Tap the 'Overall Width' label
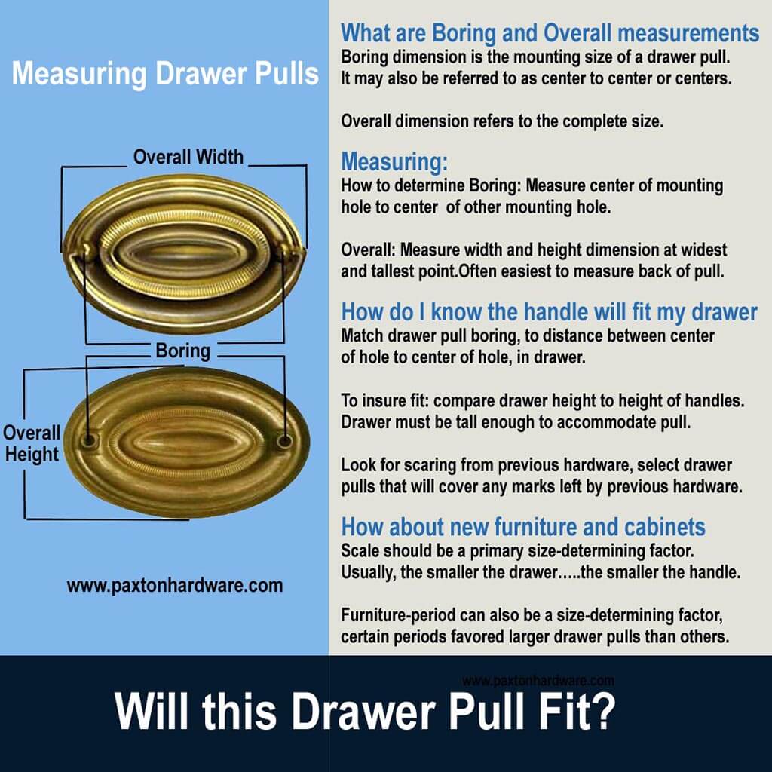(x=188, y=157)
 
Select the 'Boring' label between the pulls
(x=183, y=351)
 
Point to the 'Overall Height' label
(x=31, y=443)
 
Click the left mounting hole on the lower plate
(x=90, y=438)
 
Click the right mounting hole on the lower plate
(x=283, y=438)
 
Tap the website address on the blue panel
(x=175, y=585)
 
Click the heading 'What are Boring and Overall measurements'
(x=550, y=33)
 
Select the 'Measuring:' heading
(x=394, y=161)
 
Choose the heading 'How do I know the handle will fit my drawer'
(x=549, y=312)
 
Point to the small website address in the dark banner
(x=538, y=680)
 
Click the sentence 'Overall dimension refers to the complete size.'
(x=502, y=121)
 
